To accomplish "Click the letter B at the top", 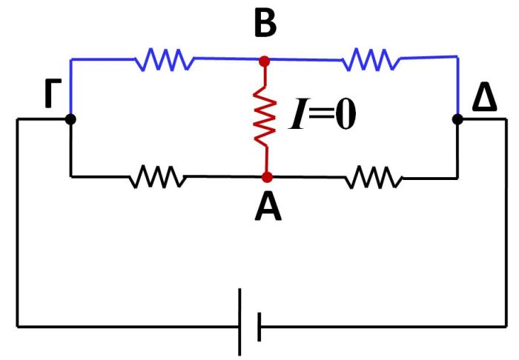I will coord(265,24).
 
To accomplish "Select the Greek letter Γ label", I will coord(51,97).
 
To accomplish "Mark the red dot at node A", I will coord(267,177).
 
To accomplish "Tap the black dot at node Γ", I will coord(70,119).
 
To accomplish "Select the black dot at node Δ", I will coord(457,119).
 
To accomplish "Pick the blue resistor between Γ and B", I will coord(165,59).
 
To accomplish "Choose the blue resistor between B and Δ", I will coord(370,59).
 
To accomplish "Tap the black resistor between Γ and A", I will coord(156,177).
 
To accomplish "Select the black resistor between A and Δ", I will coord(374,177).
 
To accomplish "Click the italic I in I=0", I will coord(296,118).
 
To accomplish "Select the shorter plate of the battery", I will coord(259,326).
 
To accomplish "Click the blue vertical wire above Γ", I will coord(70,87).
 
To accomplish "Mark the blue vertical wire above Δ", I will coord(457,85).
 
